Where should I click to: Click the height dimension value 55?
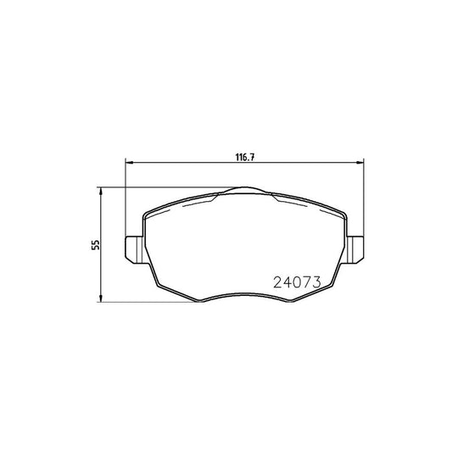pyautogui.click(x=95, y=244)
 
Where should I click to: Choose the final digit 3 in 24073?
pyautogui.click(x=313, y=283)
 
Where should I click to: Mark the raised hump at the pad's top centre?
pyautogui.click(x=245, y=191)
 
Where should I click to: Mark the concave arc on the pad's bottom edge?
pyautogui.click(x=245, y=296)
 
